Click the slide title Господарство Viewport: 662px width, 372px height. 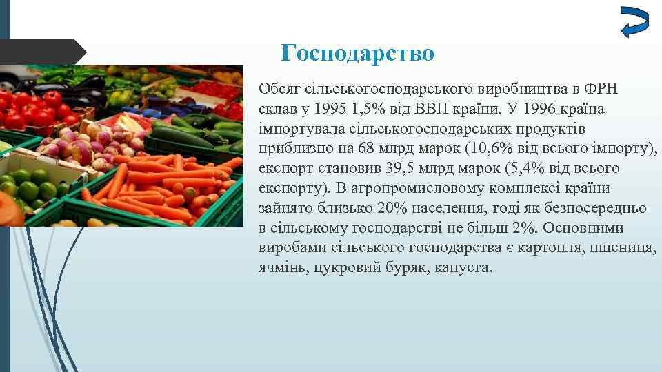[x=358, y=53]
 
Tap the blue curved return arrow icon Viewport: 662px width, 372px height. [x=634, y=22]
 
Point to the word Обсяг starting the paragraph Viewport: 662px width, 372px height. [x=277, y=89]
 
